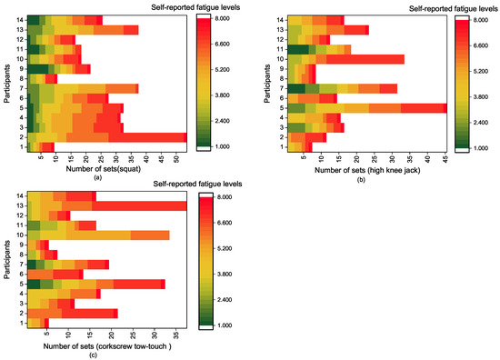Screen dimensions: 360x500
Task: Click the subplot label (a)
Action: tap(107, 179)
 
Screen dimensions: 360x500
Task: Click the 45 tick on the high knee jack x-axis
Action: tap(445, 157)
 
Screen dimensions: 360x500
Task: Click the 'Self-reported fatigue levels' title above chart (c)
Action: tap(180, 182)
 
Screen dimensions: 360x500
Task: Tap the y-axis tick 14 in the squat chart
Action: tap(18, 20)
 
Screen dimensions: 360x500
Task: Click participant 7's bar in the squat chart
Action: tap(82, 88)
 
